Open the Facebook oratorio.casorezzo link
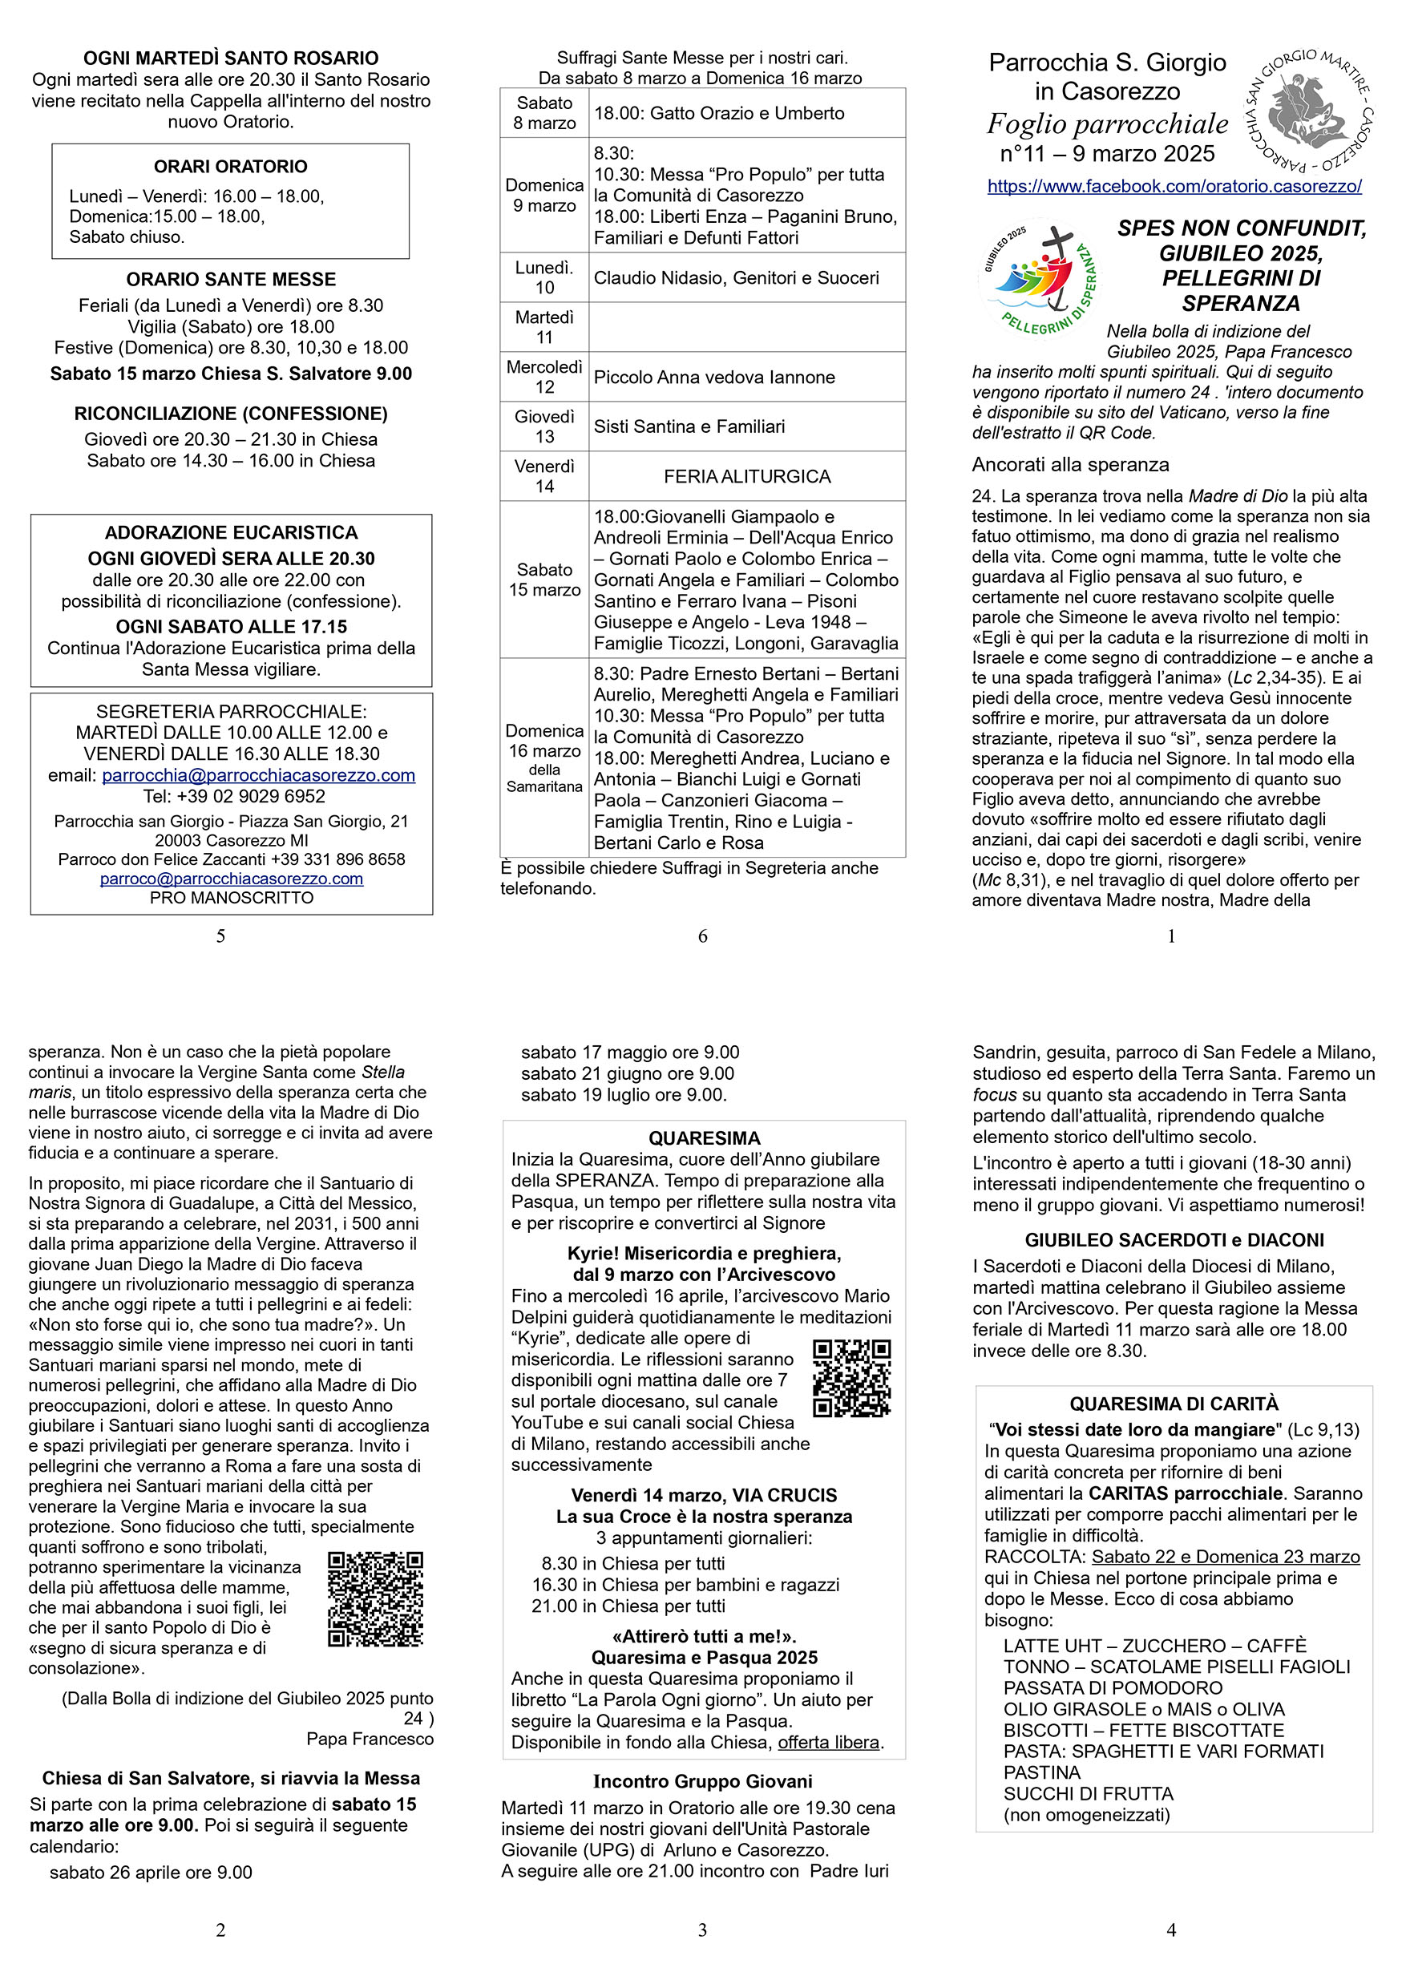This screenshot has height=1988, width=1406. [1174, 186]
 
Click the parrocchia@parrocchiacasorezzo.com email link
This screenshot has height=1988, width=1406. [258, 775]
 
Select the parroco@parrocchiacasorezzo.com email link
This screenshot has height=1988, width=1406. [231, 879]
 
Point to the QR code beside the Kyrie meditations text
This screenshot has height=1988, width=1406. [852, 1379]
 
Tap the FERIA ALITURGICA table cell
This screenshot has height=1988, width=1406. [746, 476]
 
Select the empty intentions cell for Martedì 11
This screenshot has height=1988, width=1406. [746, 327]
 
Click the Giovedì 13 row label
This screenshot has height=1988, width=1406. [543, 426]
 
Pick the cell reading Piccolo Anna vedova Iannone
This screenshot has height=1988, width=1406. [714, 377]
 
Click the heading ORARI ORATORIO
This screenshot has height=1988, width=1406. [230, 166]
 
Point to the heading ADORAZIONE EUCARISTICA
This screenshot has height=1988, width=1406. [231, 532]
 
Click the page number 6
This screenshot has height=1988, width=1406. [702, 936]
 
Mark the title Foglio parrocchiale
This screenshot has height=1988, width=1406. [1107, 123]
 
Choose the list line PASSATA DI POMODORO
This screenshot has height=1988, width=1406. [1113, 1688]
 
